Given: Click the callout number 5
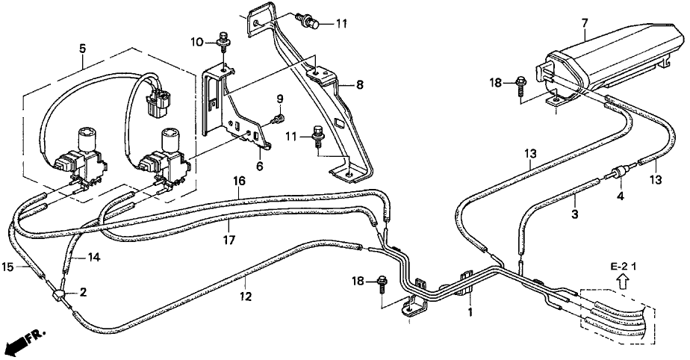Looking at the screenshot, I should point(83,49).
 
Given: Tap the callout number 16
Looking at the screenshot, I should point(239,181).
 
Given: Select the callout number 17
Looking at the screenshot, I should point(231,240).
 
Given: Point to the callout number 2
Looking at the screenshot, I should point(84,291).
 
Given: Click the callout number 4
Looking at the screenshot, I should point(618,197).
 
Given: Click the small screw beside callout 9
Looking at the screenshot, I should point(277,118).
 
